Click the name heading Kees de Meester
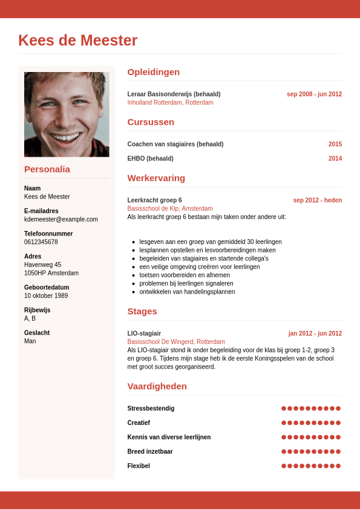78,41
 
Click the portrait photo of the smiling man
67,114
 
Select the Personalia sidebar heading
47,169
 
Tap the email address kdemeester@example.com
61,219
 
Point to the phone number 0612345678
41,242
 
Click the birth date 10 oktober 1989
47,296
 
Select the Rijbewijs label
37,310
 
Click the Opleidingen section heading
154,72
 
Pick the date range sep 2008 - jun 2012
314,94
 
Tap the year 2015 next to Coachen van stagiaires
335,144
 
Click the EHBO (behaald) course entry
150,159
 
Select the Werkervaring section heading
156,178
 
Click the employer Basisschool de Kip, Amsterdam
170,208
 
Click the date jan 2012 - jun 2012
315,333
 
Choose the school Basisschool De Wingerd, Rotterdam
176,342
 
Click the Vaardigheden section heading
157,386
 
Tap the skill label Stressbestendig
151,409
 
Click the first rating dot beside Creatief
284,422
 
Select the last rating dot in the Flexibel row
338,466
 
